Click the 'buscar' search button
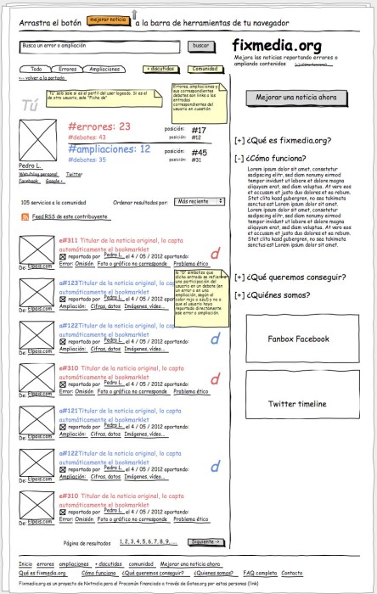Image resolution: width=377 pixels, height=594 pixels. click(x=200, y=45)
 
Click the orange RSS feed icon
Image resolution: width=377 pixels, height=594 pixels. click(x=25, y=218)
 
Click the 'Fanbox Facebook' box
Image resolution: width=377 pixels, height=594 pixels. click(x=298, y=339)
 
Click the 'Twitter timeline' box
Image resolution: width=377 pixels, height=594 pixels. click(x=298, y=404)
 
